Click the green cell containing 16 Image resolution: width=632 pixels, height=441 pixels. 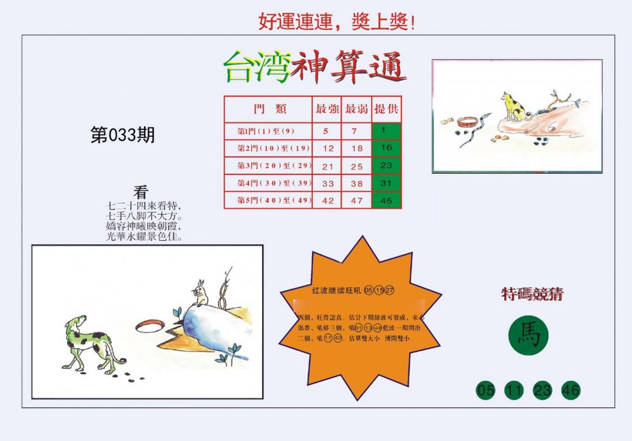386,148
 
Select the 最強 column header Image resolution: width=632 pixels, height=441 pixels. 327,109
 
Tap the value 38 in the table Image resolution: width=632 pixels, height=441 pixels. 357,184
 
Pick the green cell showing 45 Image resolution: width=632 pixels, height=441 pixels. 386,200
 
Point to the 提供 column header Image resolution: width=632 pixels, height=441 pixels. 386,109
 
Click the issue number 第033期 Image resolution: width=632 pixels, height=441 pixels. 122,136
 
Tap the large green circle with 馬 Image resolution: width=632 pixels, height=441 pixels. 528,336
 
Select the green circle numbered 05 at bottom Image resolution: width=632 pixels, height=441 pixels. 486,390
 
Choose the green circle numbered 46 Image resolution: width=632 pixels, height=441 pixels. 571,390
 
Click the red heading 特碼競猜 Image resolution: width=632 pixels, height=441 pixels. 532,294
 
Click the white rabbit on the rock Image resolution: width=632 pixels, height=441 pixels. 201,293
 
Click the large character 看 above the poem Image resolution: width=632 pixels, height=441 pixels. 141,192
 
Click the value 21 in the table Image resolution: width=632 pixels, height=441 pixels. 327,166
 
